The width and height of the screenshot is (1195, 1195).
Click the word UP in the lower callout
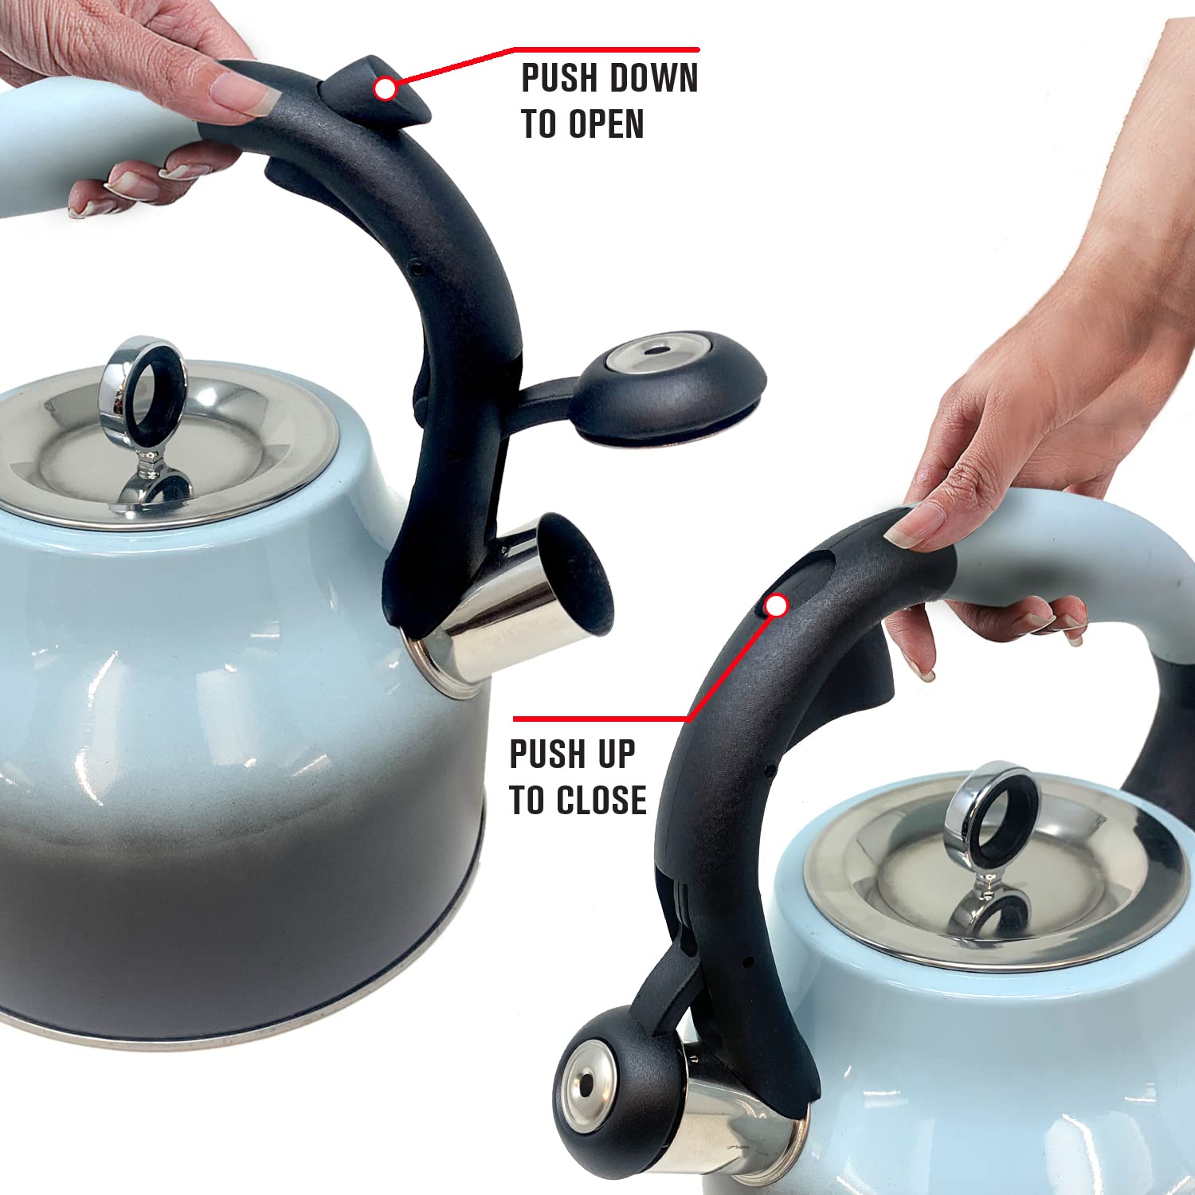coord(617,754)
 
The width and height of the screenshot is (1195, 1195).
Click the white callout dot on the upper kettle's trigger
coord(385,88)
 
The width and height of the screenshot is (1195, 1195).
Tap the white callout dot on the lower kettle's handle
coord(776,606)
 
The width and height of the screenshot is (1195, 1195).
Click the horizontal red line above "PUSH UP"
coord(597,719)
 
